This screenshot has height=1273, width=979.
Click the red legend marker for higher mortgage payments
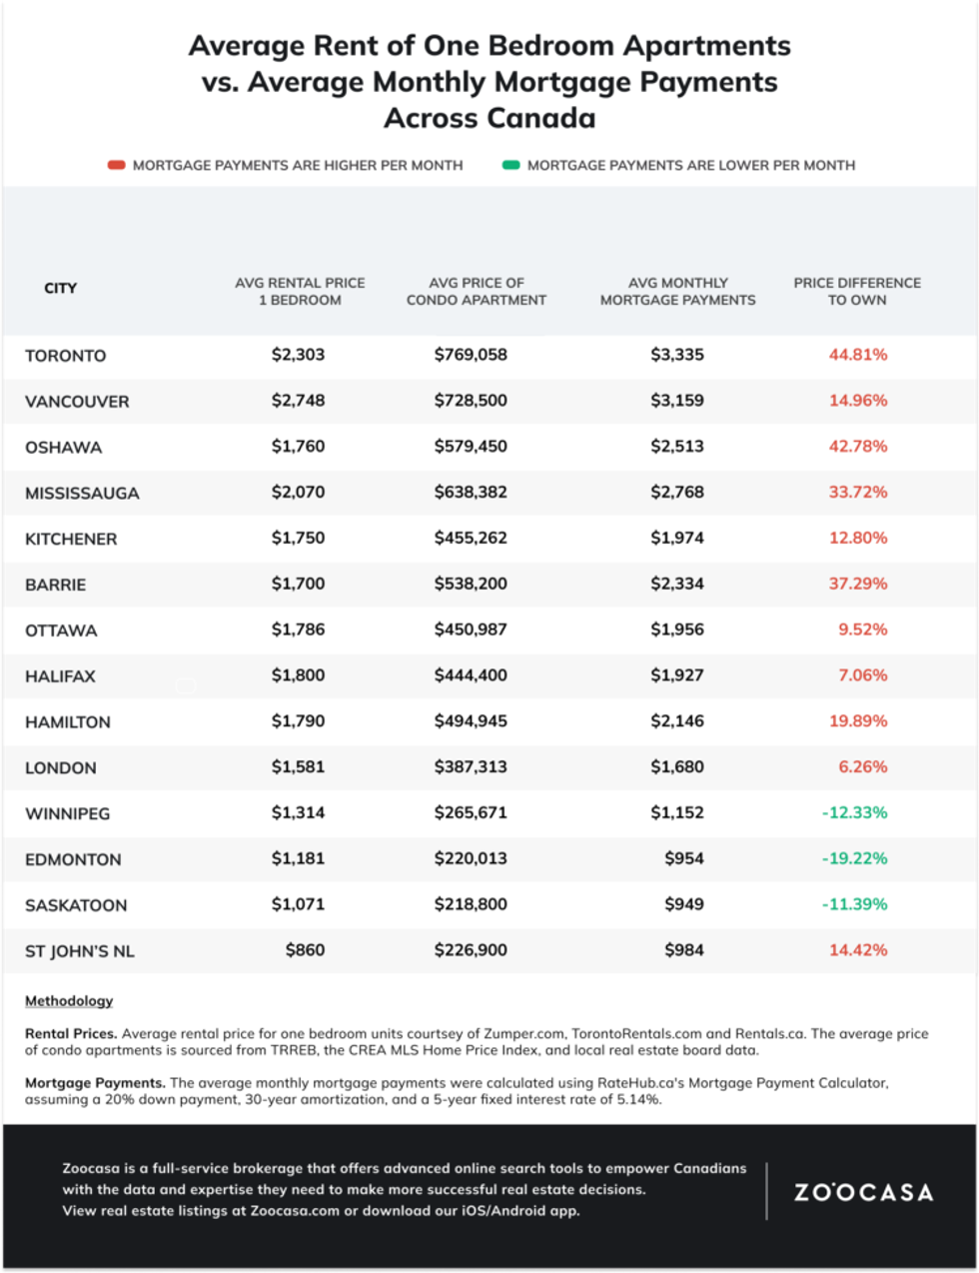[116, 165]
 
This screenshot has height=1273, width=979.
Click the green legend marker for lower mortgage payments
[510, 165]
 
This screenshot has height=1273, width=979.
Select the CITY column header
[60, 288]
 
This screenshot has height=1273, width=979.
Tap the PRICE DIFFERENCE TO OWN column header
[856, 291]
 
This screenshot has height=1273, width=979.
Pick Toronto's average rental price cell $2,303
[298, 355]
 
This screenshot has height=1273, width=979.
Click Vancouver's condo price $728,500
[471, 401]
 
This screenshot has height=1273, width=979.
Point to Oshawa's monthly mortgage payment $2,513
[676, 447]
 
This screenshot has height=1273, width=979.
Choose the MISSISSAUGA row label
[82, 493]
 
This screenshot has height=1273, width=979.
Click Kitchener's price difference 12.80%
[857, 538]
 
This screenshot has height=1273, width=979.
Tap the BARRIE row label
[55, 585]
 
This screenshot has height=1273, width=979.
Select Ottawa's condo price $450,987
[471, 630]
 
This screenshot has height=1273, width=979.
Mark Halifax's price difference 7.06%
[862, 675]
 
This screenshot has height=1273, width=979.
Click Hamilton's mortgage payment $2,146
[676, 720]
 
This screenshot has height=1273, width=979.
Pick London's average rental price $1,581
[298, 766]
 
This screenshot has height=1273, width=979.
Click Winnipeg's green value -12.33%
[854, 812]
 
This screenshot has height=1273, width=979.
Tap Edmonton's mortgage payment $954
[683, 858]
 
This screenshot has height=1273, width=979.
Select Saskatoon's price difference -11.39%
[854, 904]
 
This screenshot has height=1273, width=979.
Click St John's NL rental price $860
[305, 950]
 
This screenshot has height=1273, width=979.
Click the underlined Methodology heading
[69, 1000]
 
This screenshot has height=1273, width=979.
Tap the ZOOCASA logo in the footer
[863, 1192]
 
